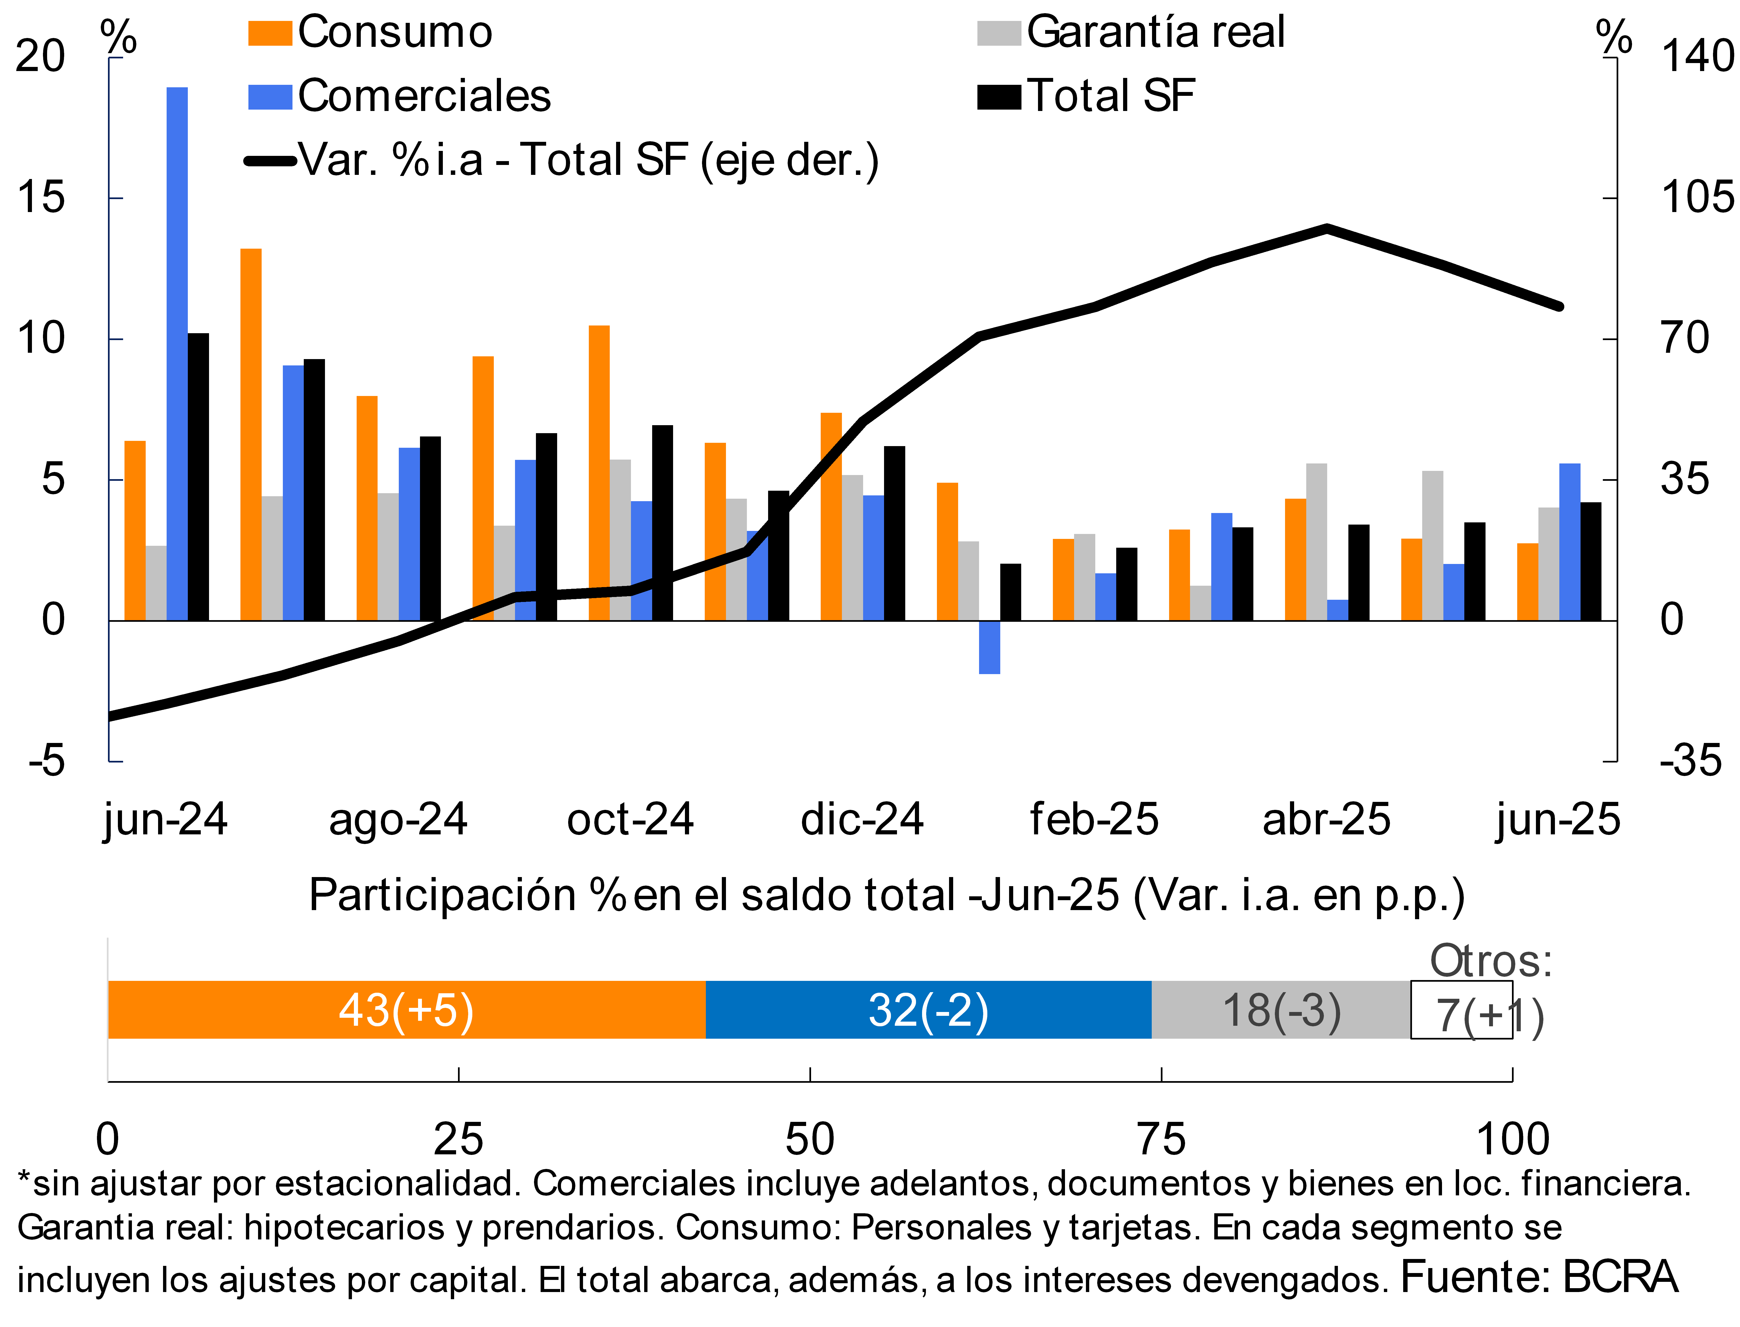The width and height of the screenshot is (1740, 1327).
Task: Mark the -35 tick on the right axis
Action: coord(1690,761)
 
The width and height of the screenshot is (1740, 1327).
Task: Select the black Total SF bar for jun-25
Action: coord(1591,561)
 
